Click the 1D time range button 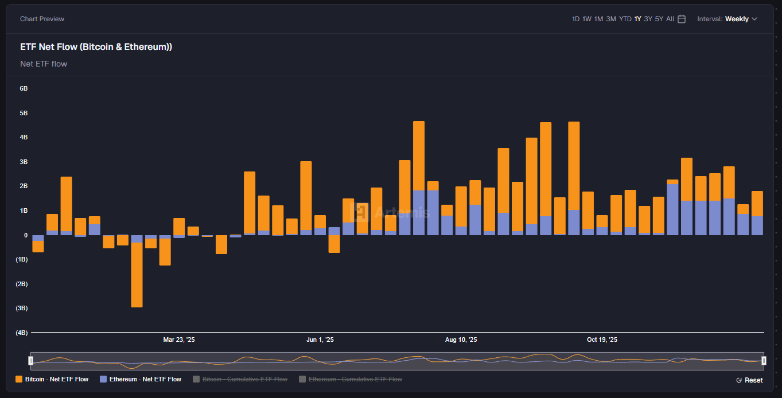(x=575, y=19)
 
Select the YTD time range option (x=625, y=19)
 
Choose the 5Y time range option (x=659, y=19)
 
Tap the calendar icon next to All (x=682, y=19)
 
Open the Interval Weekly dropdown (x=727, y=19)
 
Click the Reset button (x=749, y=380)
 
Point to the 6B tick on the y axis (x=24, y=88)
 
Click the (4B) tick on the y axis (x=22, y=333)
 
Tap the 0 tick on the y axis (x=26, y=235)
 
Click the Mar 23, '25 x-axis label (x=179, y=340)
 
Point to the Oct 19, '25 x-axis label (x=602, y=340)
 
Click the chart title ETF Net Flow (x=96, y=47)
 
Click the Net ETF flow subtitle (x=44, y=64)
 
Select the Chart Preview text (x=42, y=19)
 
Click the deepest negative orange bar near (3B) (x=137, y=275)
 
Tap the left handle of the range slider (x=31, y=360)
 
